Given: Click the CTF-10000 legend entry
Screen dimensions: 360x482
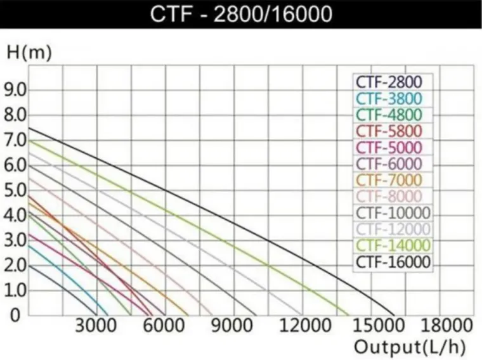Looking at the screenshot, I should tap(393, 212).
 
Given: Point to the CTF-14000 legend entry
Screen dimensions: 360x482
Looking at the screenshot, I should tap(393, 245).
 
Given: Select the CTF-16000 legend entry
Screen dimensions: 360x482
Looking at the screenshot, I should tap(393, 261).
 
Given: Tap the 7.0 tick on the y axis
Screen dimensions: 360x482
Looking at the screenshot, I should tap(16, 140).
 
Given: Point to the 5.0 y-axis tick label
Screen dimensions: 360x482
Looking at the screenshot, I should tap(16, 190).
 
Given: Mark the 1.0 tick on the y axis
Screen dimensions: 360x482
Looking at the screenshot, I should tap(16, 290).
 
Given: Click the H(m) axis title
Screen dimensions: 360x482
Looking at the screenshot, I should tap(29, 54).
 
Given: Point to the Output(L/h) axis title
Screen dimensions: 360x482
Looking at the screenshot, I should tap(412, 347).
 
